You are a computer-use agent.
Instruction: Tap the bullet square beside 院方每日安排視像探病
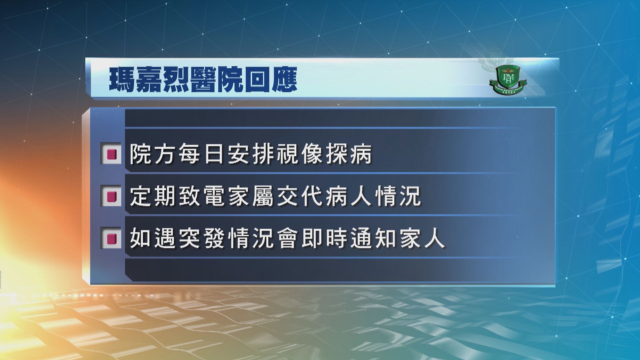[x=111, y=154]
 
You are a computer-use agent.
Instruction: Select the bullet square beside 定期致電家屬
[x=111, y=196]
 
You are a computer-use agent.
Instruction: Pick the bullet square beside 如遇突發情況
[x=111, y=238]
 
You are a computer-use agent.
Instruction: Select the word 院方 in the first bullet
[x=154, y=154]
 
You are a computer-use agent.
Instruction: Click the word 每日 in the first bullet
[x=202, y=154]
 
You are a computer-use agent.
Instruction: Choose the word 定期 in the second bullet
[x=154, y=196]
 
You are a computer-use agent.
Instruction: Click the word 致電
[x=202, y=196]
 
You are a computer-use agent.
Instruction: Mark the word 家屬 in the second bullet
[x=251, y=196]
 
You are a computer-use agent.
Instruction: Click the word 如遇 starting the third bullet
[x=154, y=238]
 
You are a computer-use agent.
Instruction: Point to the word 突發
[x=202, y=238]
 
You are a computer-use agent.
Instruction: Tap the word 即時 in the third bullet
[x=324, y=238]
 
